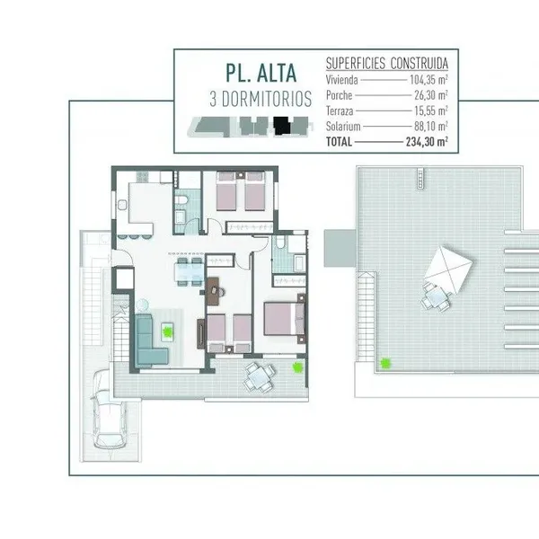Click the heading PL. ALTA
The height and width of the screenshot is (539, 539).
click(x=261, y=73)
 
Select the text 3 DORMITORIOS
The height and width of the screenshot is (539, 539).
click(x=261, y=99)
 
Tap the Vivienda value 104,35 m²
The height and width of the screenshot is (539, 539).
click(x=429, y=80)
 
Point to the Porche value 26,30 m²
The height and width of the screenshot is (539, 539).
click(x=430, y=95)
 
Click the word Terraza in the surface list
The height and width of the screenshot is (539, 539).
click(x=340, y=111)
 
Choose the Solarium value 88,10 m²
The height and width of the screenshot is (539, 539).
click(x=430, y=126)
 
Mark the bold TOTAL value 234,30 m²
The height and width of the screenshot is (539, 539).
click(x=427, y=142)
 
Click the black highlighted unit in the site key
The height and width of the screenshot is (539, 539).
click(x=282, y=126)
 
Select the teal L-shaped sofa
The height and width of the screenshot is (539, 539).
click(x=148, y=340)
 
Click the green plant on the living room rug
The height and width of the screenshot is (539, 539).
click(x=167, y=331)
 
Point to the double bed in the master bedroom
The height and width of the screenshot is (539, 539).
click(x=284, y=318)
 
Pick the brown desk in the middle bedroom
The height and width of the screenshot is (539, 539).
click(x=213, y=291)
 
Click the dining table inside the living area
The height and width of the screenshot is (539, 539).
click(x=190, y=272)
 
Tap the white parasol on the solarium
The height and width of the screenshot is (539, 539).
click(x=448, y=269)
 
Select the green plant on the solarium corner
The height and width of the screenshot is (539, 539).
click(x=385, y=363)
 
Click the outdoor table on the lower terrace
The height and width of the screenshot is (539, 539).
click(x=261, y=377)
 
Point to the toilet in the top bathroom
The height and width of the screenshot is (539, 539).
click(x=181, y=199)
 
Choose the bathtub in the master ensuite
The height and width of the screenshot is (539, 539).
click(x=299, y=263)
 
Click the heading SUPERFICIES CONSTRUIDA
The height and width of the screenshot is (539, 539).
click(x=387, y=64)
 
